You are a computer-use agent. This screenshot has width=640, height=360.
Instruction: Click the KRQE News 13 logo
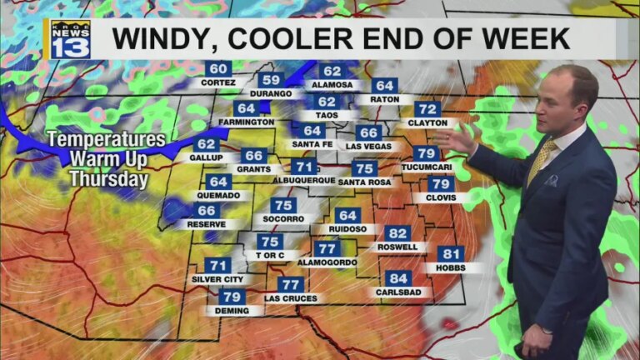(70, 39)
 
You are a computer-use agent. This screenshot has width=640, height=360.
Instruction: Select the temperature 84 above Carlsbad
(398, 278)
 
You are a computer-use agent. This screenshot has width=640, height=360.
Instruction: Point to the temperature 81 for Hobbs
(451, 254)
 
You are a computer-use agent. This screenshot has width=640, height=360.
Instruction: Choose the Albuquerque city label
(303, 180)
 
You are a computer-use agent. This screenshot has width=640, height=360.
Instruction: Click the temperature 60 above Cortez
(218, 69)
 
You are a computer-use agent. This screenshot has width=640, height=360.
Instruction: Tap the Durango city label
(270, 93)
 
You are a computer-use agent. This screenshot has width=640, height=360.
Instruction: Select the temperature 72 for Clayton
(427, 109)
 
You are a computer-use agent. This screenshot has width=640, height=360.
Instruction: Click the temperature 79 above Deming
(232, 297)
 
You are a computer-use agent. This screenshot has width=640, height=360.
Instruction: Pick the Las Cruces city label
(291, 297)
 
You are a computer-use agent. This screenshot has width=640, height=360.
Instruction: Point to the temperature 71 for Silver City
(217, 265)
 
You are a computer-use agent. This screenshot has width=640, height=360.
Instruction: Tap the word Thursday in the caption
(97, 178)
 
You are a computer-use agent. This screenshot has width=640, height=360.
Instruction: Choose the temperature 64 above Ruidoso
(347, 215)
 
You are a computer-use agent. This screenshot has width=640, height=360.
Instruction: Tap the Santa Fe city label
(312, 144)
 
